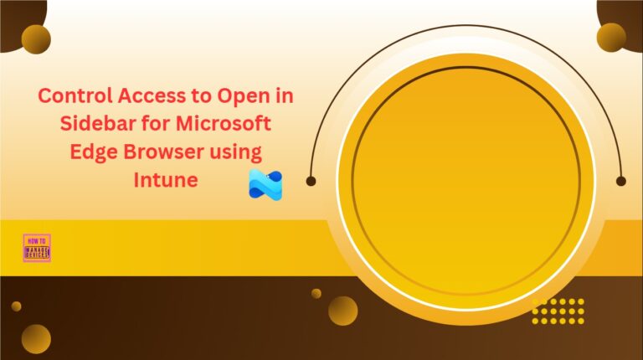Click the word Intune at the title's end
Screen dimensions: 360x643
(166, 180)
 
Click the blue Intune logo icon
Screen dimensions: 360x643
(265, 184)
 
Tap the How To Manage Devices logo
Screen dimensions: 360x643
(37, 248)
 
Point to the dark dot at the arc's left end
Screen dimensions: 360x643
(311, 180)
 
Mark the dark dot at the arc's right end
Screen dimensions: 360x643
(620, 180)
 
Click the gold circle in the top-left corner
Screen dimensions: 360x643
(36, 38)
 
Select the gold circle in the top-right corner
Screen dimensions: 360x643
(611, 37)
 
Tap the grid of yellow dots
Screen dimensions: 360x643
(558, 311)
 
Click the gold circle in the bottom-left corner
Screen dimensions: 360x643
(36, 338)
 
